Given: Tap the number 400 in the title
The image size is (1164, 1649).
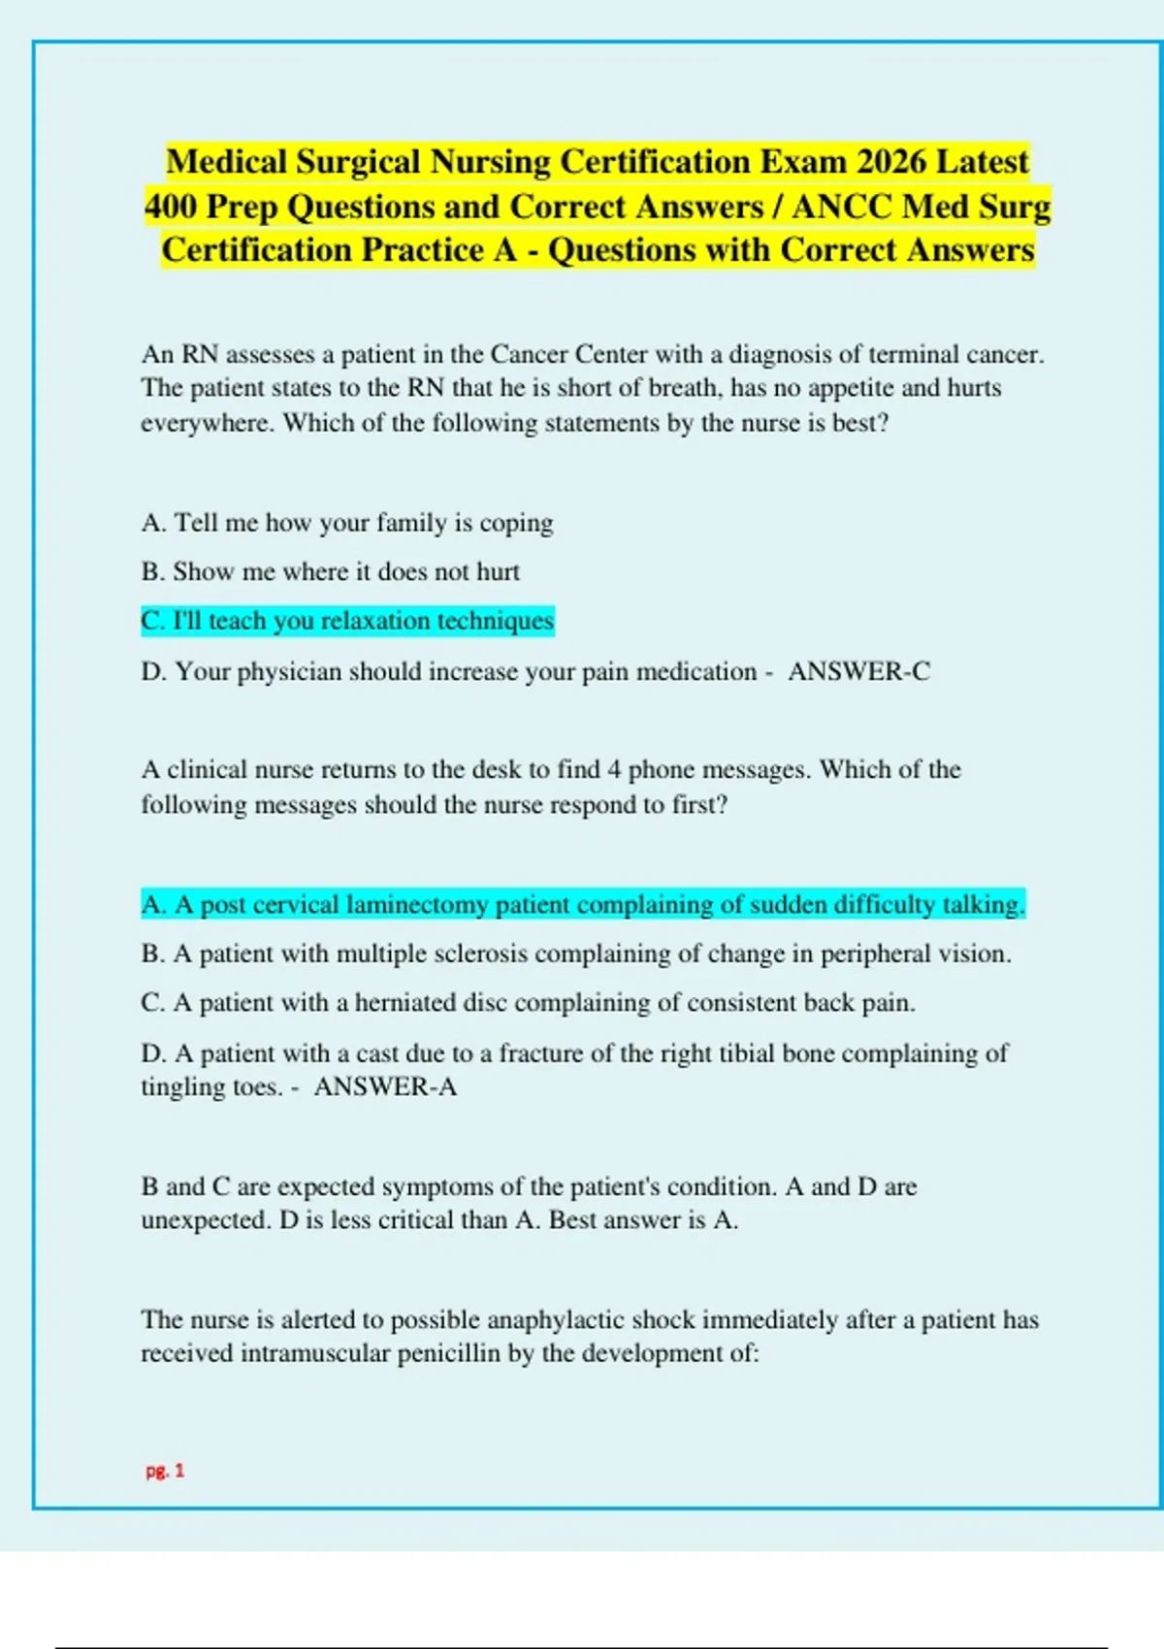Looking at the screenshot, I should tap(171, 207).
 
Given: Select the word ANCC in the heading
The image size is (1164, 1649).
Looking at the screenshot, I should tap(841, 207).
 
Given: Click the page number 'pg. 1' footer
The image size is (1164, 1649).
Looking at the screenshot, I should tap(165, 1471).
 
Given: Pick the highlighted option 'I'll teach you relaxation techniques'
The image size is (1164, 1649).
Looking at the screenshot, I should tap(347, 621).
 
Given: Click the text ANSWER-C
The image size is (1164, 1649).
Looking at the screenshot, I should tap(858, 671).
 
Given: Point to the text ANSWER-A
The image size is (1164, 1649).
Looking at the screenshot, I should tap(385, 1086).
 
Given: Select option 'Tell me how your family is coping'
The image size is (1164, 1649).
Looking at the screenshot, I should tap(347, 523).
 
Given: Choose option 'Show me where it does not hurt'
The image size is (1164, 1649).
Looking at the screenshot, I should tap(330, 571).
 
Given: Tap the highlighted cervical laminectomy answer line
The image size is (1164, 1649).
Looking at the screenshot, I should tap(582, 905).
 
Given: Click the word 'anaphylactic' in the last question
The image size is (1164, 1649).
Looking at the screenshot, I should tap(556, 1319).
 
